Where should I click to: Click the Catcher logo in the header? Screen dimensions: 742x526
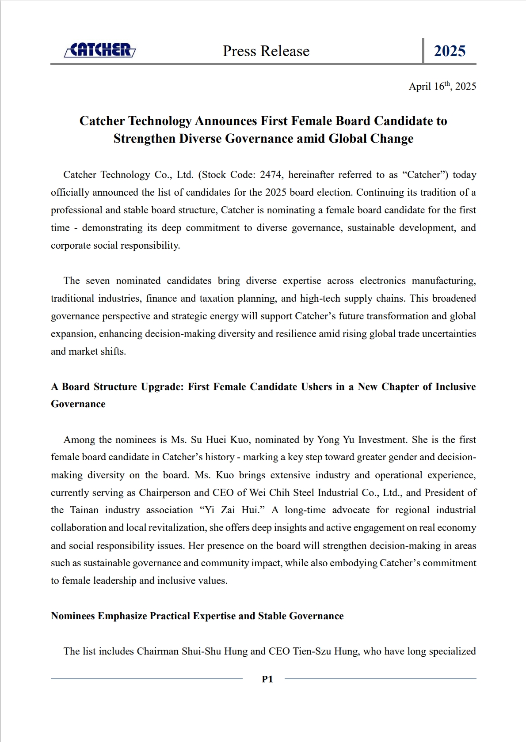pos(100,50)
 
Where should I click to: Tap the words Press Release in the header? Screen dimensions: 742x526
pos(266,51)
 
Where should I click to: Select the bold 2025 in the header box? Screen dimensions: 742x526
pos(450,51)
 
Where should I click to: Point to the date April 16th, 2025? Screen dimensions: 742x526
pos(442,86)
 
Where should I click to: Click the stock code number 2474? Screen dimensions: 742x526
pos(271,175)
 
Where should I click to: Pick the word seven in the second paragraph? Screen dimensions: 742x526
pos(98,281)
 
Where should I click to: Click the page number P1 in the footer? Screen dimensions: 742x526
pos(267,679)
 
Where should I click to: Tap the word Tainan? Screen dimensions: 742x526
pos(84,510)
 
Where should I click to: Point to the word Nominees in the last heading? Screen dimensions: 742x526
pos(73,616)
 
